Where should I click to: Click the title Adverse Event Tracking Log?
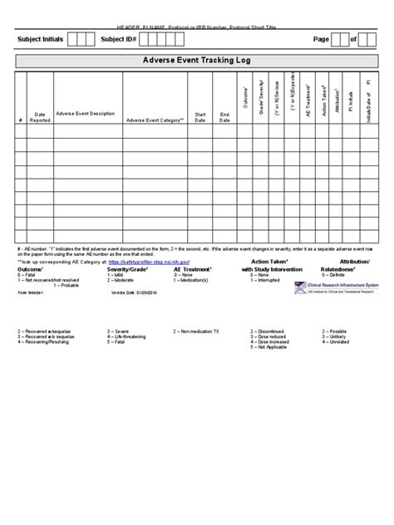(196, 61)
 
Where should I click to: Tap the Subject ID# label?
(118, 39)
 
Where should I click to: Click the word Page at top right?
(321, 39)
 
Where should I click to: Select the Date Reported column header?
(40, 117)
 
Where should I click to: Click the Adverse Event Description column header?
(86, 113)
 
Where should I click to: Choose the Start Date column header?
(199, 117)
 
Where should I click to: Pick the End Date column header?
(224, 117)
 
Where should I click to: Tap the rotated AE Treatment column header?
(307, 100)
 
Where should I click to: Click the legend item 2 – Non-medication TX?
(196, 331)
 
